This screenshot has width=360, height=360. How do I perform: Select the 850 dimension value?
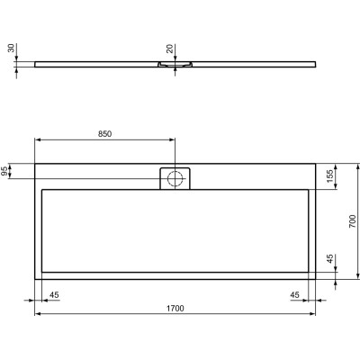(x=104, y=133)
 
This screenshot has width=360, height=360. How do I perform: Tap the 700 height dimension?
(x=353, y=220)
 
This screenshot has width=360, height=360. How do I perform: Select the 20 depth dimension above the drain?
(x=169, y=49)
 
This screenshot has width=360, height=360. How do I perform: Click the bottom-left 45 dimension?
(x=54, y=294)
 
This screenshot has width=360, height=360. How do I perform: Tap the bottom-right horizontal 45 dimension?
(x=296, y=294)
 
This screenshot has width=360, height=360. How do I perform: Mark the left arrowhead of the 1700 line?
(x=37, y=314)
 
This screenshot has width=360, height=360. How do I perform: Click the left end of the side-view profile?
(x=36, y=64)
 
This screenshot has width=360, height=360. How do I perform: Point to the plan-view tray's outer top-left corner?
(x=35, y=163)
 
